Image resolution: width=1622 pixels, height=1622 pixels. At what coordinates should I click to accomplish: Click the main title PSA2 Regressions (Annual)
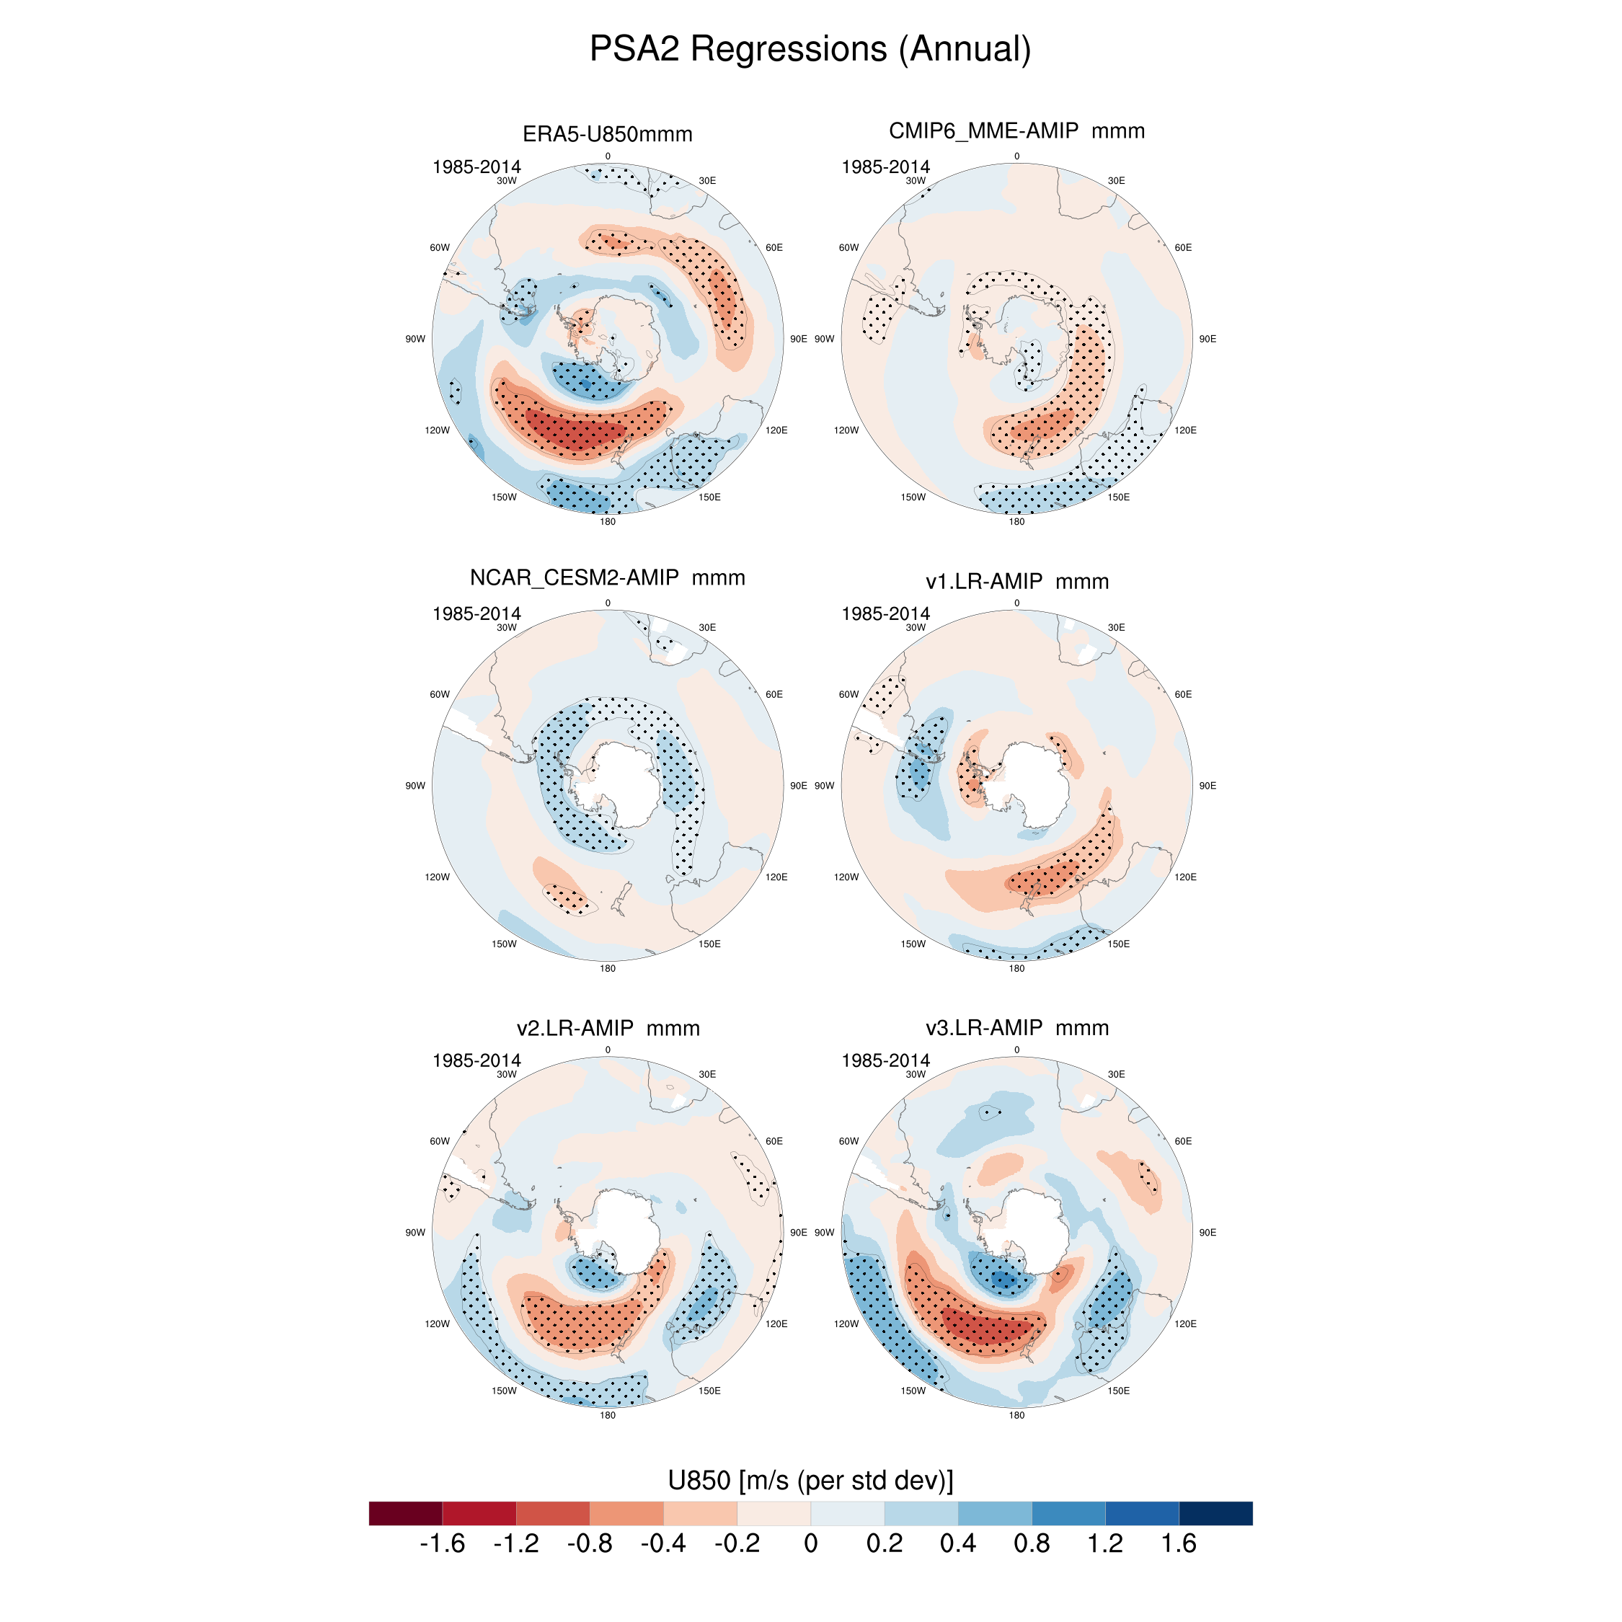[x=810, y=49]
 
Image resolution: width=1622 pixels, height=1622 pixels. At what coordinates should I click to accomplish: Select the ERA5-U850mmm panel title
[x=607, y=134]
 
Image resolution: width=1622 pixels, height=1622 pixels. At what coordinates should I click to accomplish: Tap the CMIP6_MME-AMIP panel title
[x=1016, y=131]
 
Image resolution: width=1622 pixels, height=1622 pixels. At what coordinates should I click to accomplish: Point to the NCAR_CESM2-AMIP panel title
[x=607, y=577]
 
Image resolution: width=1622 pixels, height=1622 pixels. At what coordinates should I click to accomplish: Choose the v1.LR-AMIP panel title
[x=1016, y=581]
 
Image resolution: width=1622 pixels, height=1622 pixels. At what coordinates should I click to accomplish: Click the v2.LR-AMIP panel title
[x=608, y=1027]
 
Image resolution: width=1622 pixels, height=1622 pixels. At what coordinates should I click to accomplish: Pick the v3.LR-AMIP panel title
[x=1016, y=1027]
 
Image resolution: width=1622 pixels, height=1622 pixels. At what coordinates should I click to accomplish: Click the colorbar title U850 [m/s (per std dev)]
[x=810, y=1480]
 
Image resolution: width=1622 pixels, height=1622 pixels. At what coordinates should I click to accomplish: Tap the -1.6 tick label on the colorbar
[x=442, y=1543]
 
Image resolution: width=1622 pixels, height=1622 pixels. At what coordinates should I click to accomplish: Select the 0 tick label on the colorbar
[x=810, y=1543]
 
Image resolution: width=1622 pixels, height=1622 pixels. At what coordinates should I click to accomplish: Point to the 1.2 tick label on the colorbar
[x=1105, y=1543]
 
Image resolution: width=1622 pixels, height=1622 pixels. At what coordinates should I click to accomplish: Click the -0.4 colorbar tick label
[x=662, y=1543]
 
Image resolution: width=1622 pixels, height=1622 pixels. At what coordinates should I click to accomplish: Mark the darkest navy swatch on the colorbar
[x=1215, y=1513]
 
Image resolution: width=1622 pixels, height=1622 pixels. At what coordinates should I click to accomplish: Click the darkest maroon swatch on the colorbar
[x=405, y=1513]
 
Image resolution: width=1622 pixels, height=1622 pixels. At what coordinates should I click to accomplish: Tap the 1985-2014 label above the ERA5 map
[x=476, y=167]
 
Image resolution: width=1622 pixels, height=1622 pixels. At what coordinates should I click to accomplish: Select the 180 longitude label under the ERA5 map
[x=607, y=521]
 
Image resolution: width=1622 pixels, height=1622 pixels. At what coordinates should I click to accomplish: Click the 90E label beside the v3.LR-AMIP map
[x=1207, y=1233]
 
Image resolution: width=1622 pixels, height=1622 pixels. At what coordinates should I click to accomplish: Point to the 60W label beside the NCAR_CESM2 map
[x=439, y=694]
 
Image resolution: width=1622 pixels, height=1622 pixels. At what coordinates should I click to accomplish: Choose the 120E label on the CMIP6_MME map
[x=1185, y=430]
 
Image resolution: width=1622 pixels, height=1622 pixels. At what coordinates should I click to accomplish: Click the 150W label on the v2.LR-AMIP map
[x=504, y=1391]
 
